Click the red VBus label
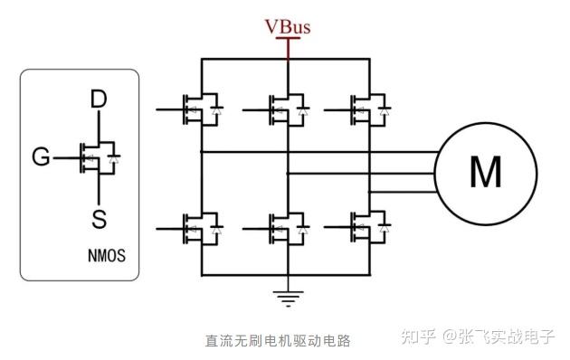[x=288, y=26]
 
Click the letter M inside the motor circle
[x=486, y=171]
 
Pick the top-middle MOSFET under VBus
[x=284, y=109]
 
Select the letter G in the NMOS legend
[x=41, y=158]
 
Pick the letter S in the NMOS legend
[x=100, y=217]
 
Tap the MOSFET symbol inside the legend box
[x=98, y=158]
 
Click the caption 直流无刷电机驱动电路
[x=277, y=341]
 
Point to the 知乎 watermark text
[x=414, y=337]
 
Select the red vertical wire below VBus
[x=288, y=48]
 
